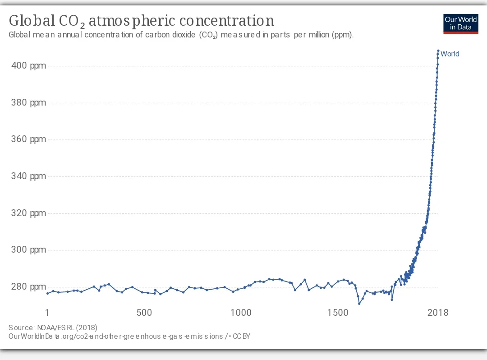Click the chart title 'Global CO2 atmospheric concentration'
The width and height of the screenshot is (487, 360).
click(141, 21)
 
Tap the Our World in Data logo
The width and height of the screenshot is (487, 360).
click(460, 23)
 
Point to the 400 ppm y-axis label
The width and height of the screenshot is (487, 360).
click(28, 66)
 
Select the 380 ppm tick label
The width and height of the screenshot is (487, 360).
click(28, 103)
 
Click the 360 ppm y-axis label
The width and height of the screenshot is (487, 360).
click(28, 139)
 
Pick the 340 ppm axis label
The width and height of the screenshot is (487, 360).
click(28, 176)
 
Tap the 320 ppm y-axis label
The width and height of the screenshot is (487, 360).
click(28, 213)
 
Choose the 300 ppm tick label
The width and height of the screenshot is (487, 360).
click(28, 250)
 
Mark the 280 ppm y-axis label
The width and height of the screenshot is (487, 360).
click(28, 287)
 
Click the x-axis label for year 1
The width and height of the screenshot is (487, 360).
click(47, 313)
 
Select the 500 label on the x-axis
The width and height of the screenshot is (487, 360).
click(144, 313)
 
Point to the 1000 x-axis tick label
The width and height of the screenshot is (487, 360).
click(240, 313)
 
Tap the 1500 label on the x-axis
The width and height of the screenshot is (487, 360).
click(338, 313)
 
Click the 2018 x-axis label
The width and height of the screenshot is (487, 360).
click(437, 313)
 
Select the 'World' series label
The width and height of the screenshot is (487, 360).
click(450, 54)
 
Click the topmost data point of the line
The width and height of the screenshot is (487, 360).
click(438, 51)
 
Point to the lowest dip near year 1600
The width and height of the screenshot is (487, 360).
click(359, 304)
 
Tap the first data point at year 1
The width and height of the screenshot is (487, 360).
click(47, 294)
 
